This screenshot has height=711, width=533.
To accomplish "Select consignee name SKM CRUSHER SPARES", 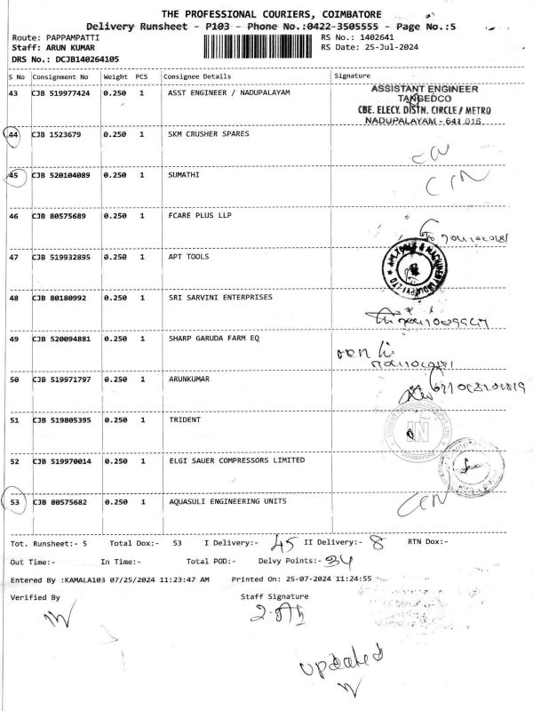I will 209,134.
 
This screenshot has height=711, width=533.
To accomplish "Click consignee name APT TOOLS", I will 189,257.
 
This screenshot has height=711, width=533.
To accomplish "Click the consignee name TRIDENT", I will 185,420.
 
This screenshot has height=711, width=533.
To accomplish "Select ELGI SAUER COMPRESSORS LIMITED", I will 236,461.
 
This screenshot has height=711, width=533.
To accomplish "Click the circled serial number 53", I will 14,502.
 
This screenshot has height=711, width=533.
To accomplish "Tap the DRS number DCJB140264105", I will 81,59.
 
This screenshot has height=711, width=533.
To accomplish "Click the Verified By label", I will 35,597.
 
